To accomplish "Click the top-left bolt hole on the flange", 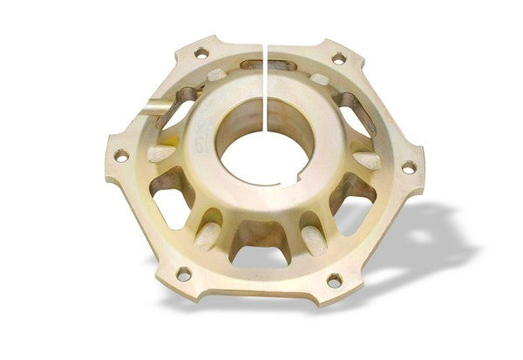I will (200, 53).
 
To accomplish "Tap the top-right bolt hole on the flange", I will (338, 59).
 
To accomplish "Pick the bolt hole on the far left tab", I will (120, 155).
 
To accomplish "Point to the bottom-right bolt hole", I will (333, 280).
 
